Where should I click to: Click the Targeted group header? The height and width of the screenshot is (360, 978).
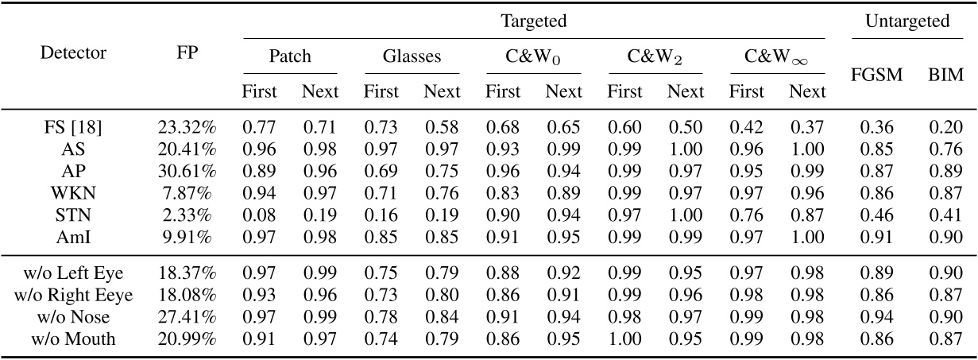(x=533, y=21)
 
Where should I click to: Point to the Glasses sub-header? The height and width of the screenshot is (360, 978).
(x=412, y=57)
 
